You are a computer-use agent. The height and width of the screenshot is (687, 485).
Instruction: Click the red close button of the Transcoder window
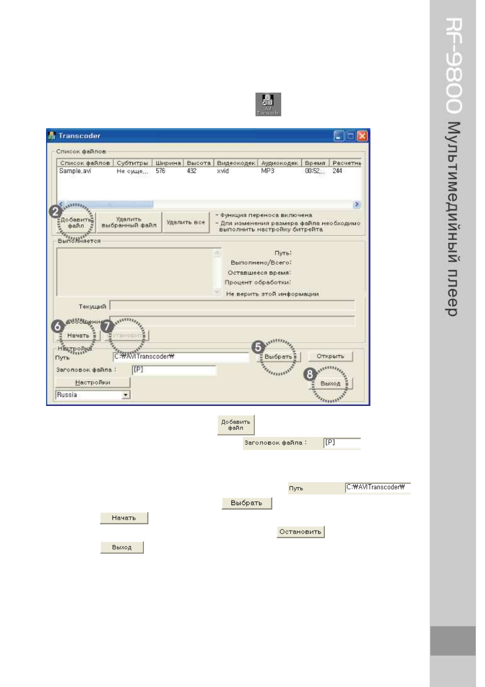pyautogui.click(x=362, y=136)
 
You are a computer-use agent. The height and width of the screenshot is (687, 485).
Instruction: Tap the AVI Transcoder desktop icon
pyautogui.click(x=268, y=104)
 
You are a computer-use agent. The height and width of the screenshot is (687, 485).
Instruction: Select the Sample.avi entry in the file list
pyautogui.click(x=75, y=171)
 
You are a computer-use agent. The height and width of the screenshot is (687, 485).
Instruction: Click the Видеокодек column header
pyautogui.click(x=236, y=163)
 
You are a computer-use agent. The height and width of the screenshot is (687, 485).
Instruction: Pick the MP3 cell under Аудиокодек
pyautogui.click(x=267, y=171)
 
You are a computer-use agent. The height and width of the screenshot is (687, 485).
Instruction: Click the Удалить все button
pyautogui.click(x=185, y=222)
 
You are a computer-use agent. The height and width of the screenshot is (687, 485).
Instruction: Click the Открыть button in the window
pyautogui.click(x=330, y=356)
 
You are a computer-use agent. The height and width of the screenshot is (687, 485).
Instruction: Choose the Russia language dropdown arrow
pyautogui.click(x=126, y=395)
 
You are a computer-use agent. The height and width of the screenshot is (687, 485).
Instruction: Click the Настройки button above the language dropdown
pyautogui.click(x=93, y=382)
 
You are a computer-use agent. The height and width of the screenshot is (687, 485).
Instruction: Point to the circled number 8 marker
pyautogui.click(x=310, y=374)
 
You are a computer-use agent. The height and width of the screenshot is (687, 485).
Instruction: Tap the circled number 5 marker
pyautogui.click(x=258, y=347)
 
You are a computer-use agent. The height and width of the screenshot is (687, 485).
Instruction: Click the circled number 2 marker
pyautogui.click(x=55, y=211)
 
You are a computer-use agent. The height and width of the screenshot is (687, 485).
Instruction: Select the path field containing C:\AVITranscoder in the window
pyautogui.click(x=181, y=357)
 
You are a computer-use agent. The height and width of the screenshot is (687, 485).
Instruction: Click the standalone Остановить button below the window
pyautogui.click(x=300, y=532)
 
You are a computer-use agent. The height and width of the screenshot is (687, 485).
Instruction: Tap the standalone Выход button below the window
pyautogui.click(x=122, y=547)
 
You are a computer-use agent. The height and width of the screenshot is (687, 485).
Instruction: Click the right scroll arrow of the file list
pyautogui.click(x=357, y=204)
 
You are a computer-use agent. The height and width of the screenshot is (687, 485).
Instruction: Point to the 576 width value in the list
pyautogui.click(x=160, y=171)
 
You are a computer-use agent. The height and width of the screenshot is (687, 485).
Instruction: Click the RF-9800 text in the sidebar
pyautogui.click(x=453, y=65)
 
